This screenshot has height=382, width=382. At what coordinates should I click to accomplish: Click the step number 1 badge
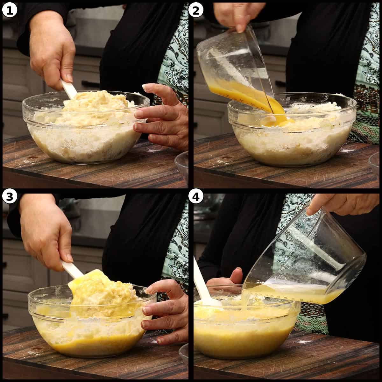point(10,10)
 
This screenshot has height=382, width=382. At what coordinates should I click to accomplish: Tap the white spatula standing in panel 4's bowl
point(202,283)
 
